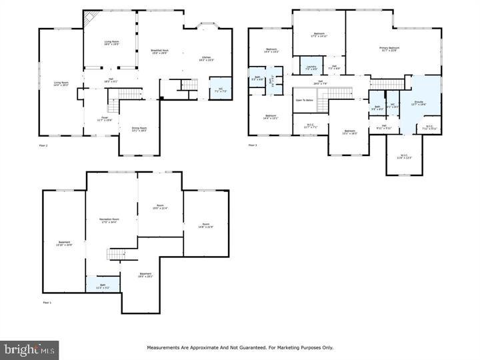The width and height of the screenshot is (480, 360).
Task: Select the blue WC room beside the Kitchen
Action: coord(219,89)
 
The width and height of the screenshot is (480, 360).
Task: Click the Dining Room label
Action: coord(139,129)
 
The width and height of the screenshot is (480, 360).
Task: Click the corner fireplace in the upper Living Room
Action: coord(91,17)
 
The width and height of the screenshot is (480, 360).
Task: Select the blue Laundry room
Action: coord(311,67)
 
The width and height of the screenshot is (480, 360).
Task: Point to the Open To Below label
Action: coord(305,100)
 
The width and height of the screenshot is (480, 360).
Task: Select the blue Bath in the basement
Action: coord(103,286)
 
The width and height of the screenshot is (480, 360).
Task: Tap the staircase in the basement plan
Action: coord(117,253)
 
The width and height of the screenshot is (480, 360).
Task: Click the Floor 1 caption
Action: coord(47,303)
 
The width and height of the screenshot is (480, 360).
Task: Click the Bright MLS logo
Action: coord(29,349)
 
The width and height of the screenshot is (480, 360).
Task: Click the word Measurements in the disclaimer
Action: coord(164,347)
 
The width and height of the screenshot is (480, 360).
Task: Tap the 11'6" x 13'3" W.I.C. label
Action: coord(405,157)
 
